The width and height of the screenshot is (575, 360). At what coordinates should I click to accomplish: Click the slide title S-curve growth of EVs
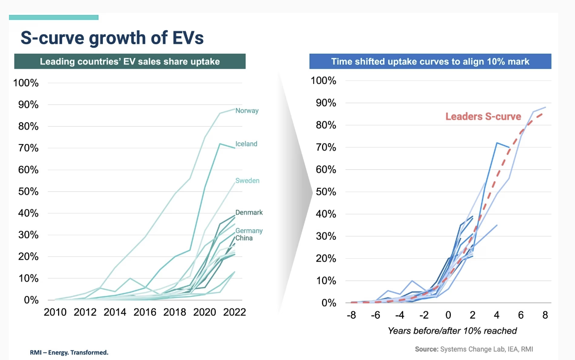pos(112,38)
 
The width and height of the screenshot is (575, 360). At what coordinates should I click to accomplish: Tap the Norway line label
pos(247,111)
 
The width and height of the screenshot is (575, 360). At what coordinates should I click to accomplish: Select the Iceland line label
pos(246,144)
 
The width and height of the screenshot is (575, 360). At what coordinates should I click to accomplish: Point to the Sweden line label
pos(247,181)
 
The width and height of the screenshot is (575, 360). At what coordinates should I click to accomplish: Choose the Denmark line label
pos(249,213)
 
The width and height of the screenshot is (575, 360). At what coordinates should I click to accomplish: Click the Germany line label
pos(249,231)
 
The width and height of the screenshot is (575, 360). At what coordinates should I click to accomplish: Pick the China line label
pos(244,238)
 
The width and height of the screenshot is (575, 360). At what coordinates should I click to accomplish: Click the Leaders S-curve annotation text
pos(483,117)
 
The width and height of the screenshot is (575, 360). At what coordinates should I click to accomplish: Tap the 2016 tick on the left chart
pos(145,312)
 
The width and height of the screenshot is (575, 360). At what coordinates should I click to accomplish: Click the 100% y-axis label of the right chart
pos(324,81)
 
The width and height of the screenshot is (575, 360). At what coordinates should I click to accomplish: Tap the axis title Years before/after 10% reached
pos(452,331)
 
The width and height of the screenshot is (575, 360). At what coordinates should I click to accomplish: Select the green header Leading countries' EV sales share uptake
pos(130,62)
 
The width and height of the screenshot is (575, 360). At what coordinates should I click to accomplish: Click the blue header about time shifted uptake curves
pos(430,62)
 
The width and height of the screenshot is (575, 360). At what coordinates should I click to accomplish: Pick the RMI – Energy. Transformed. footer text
pos(70,353)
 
